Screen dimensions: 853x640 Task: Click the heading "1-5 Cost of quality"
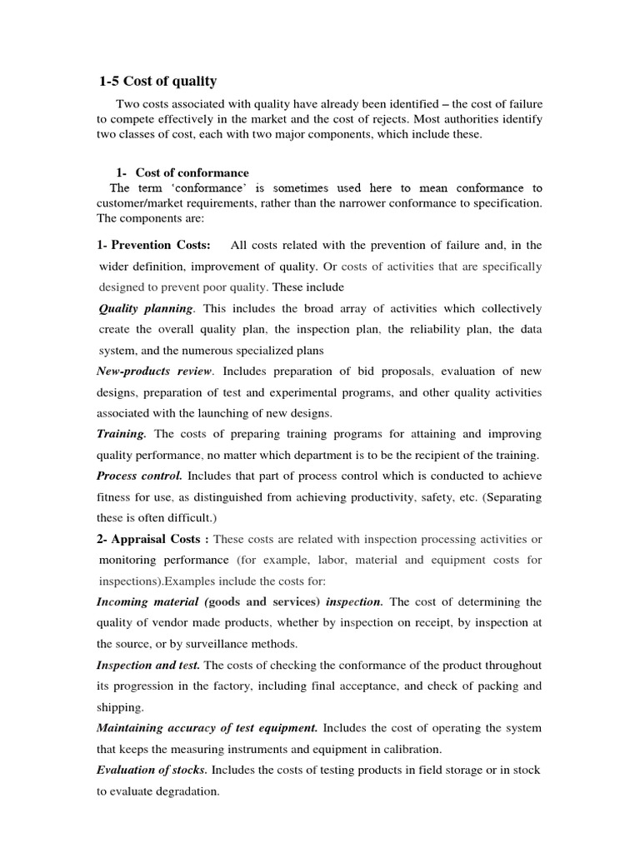pos(157,81)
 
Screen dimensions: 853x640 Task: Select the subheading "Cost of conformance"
pos(192,172)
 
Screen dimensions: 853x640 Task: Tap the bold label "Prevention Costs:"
pos(160,245)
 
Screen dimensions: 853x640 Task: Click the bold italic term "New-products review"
pos(155,371)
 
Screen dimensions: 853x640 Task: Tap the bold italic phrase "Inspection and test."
pos(148,665)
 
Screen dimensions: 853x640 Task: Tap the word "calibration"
pos(405,749)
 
